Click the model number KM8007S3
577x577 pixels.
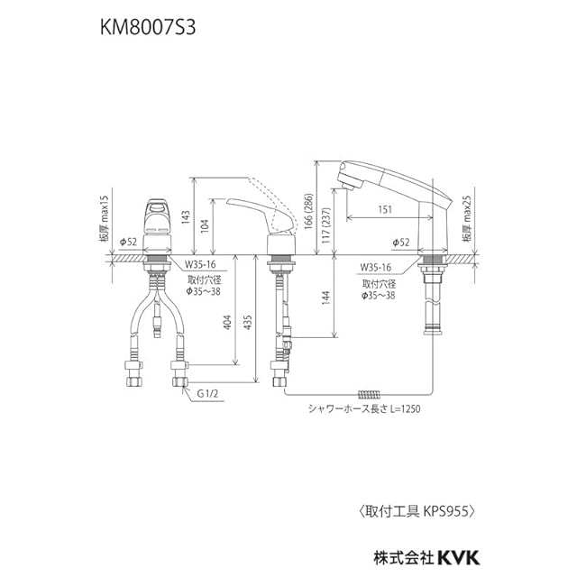click(148, 28)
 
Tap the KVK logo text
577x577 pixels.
click(459, 558)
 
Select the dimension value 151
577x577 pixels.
click(385, 209)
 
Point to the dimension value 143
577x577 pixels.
click(185, 217)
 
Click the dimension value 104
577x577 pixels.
click(205, 226)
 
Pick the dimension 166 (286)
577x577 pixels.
click(308, 211)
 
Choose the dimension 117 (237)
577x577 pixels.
click(325, 226)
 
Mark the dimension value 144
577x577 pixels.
click(325, 298)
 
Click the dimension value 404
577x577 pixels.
click(228, 323)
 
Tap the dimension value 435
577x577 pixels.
click(248, 323)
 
